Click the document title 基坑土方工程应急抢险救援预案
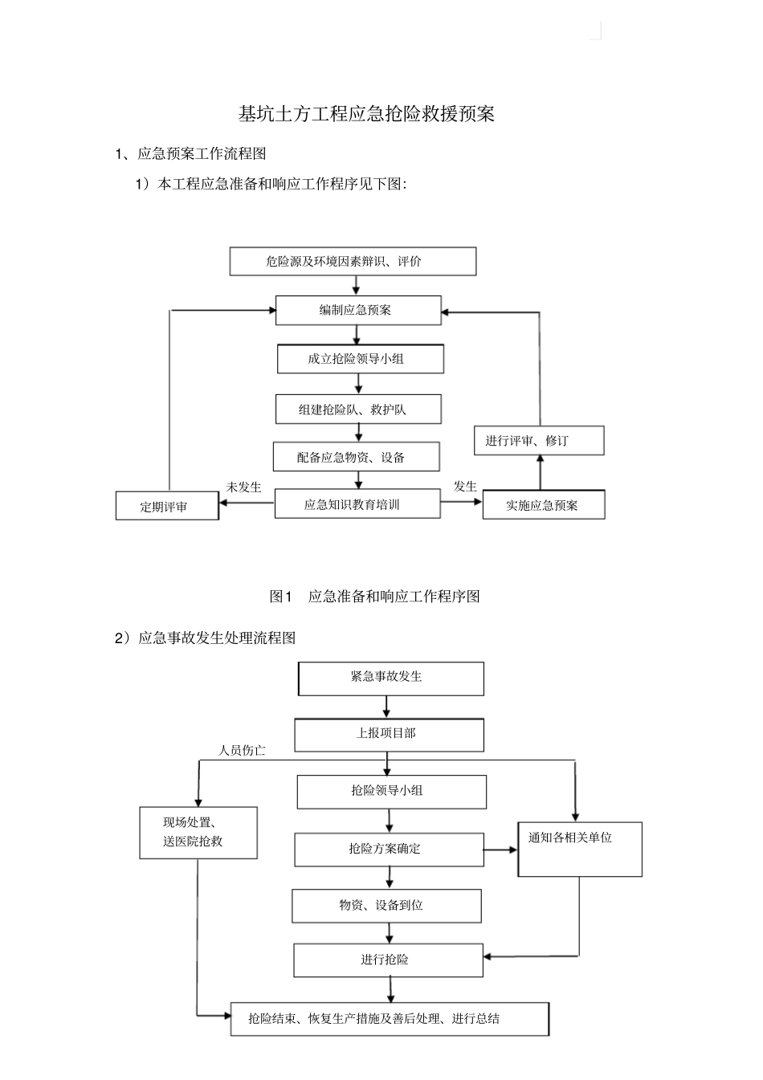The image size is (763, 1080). click(x=366, y=114)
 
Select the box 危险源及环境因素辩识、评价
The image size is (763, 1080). click(x=353, y=262)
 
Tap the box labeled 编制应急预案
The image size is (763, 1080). click(x=358, y=310)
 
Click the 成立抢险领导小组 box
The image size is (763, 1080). click(x=360, y=359)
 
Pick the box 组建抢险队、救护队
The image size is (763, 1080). click(x=358, y=410)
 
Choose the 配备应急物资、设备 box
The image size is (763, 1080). click(x=356, y=457)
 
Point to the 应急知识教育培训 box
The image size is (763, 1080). click(x=357, y=505)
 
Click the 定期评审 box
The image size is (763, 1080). click(x=167, y=507)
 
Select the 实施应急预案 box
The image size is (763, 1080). click(x=543, y=505)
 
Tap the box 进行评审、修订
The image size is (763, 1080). click(x=539, y=441)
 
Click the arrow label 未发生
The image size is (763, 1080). click(x=243, y=487)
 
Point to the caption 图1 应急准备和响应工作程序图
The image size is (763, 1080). click(x=375, y=597)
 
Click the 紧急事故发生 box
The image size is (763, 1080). click(x=391, y=678)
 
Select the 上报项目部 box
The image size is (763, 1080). click(x=389, y=734)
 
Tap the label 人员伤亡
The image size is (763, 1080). click(x=242, y=751)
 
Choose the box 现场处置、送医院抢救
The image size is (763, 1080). click(x=198, y=833)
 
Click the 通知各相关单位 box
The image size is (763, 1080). click(x=579, y=848)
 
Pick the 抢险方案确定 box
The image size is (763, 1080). click(x=389, y=849)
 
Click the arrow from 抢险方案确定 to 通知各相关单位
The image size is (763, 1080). click(x=501, y=849)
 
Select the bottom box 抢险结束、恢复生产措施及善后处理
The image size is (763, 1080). click(x=390, y=1019)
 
